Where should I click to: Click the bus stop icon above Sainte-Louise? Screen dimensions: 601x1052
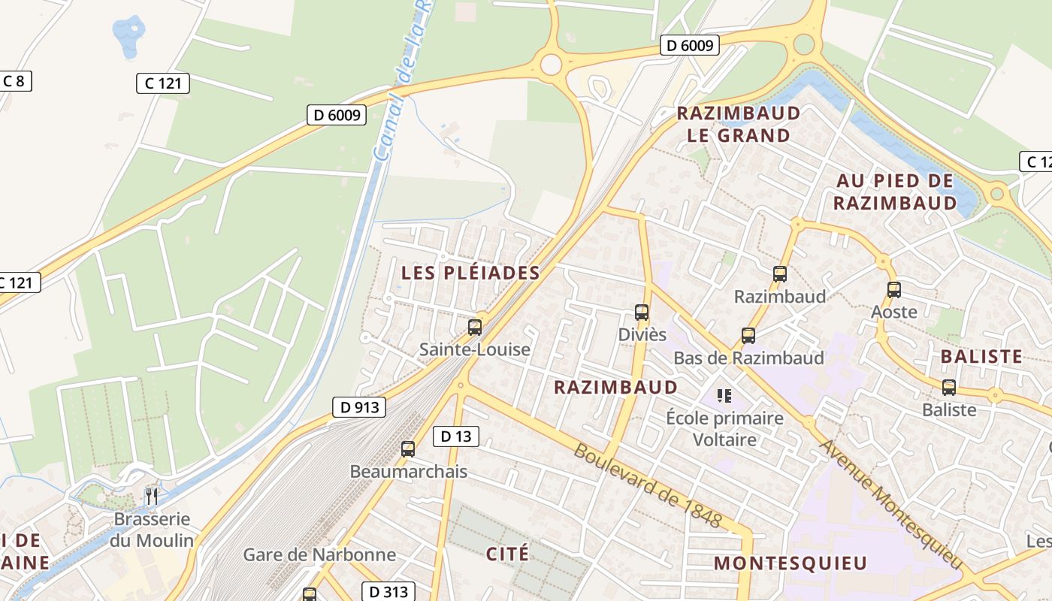click(x=474, y=327)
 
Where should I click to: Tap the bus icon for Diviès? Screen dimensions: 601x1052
click(x=641, y=312)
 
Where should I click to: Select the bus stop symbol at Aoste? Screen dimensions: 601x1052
click(x=893, y=289)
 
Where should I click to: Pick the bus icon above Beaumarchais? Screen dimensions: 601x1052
click(x=408, y=449)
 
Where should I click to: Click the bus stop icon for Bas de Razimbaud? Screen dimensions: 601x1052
click(x=748, y=335)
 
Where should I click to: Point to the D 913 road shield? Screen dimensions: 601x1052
click(x=358, y=407)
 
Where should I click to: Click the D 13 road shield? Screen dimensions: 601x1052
click(x=455, y=436)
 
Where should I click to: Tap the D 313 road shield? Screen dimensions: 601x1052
click(x=388, y=591)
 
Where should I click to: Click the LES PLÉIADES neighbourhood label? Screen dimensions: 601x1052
click(x=470, y=273)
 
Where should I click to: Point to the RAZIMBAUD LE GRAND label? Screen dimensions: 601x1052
click(x=739, y=125)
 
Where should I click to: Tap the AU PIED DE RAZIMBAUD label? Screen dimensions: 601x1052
click(x=895, y=192)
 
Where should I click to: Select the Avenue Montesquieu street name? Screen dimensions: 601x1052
click(x=890, y=504)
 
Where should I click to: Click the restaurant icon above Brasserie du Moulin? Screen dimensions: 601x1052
click(x=151, y=496)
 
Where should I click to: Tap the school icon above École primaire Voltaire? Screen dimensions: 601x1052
click(x=724, y=395)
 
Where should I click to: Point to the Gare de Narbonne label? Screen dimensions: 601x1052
click(x=319, y=555)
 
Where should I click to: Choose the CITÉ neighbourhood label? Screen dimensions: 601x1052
click(x=507, y=554)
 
